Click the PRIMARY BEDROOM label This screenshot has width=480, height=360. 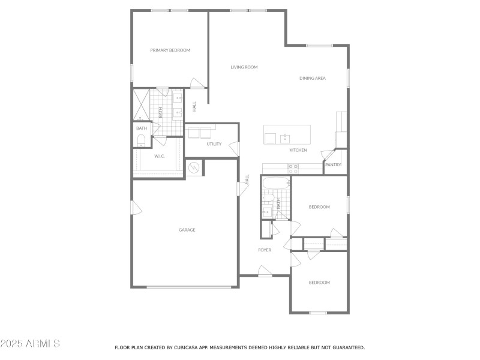coord(170,50)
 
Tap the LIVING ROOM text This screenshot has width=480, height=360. coord(244,67)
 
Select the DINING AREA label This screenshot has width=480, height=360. coord(313,78)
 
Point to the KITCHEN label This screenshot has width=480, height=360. coord(298,150)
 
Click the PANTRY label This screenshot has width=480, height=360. coord(333,165)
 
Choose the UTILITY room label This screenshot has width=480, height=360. coord(214,144)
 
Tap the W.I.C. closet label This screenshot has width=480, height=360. coord(159,156)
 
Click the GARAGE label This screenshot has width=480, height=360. coord(187,230)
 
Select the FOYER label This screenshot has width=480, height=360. coord(265,250)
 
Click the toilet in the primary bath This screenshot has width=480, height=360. coord(142,140)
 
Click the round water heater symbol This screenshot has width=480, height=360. coord(194,168)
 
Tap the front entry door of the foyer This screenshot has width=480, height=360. coord(265,272)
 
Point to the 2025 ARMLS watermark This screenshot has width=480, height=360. coord(30,344)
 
